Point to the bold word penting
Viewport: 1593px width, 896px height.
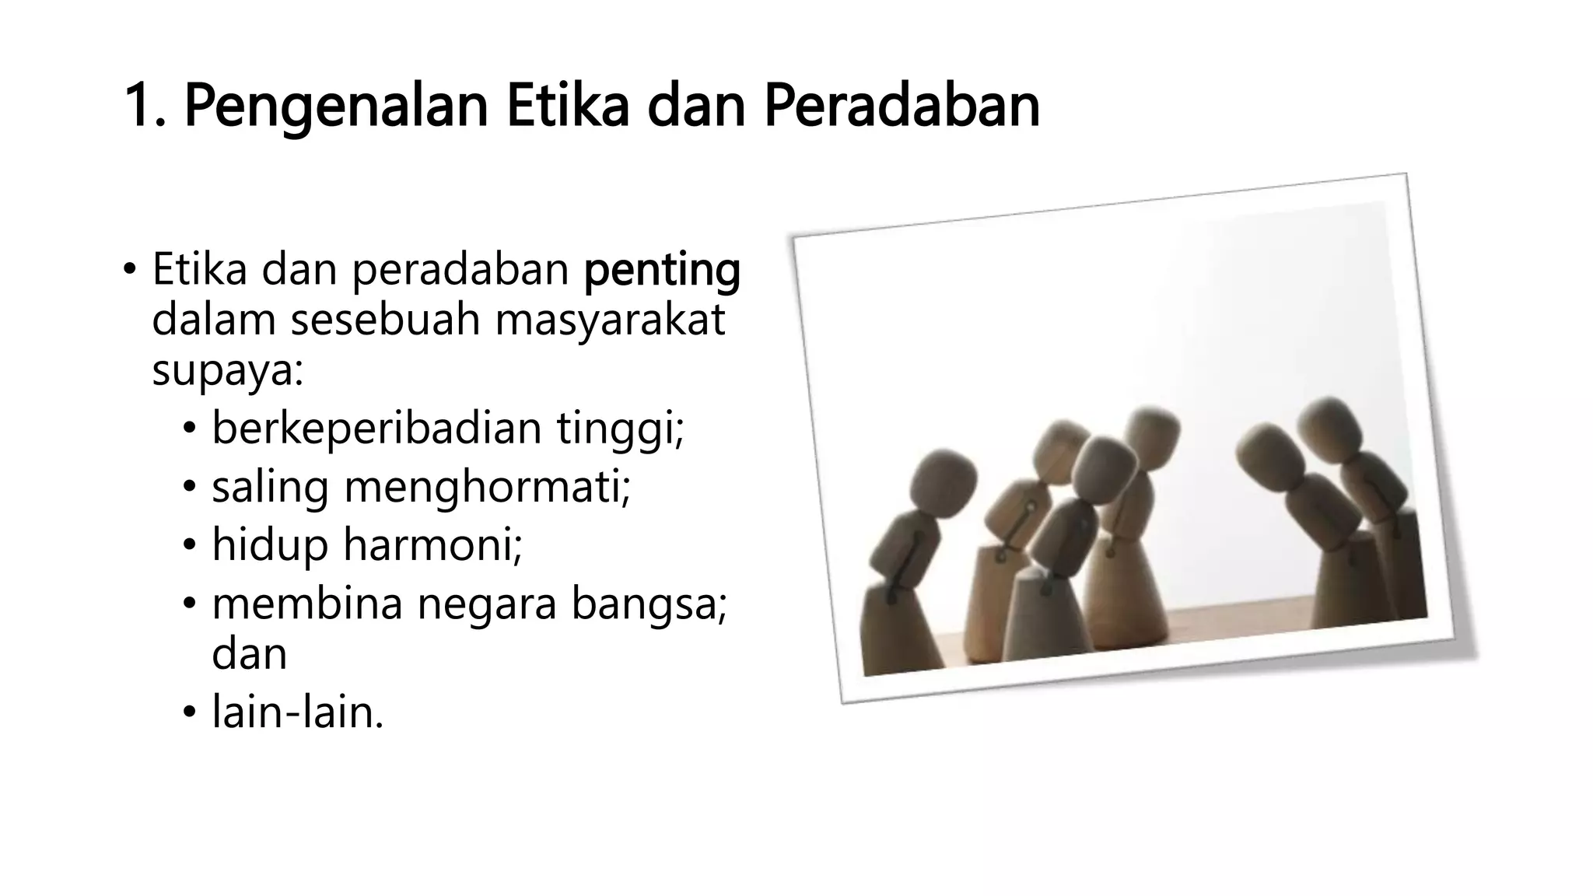coord(662,271)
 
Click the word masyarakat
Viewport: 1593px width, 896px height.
coord(610,320)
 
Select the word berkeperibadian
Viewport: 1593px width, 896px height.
coord(376,428)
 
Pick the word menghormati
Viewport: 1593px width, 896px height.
coord(486,487)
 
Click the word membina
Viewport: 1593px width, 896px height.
coord(307,603)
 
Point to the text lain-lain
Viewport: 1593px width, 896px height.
coord(297,711)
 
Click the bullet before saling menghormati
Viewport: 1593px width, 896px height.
coord(189,488)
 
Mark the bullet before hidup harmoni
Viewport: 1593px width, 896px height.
coord(189,545)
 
